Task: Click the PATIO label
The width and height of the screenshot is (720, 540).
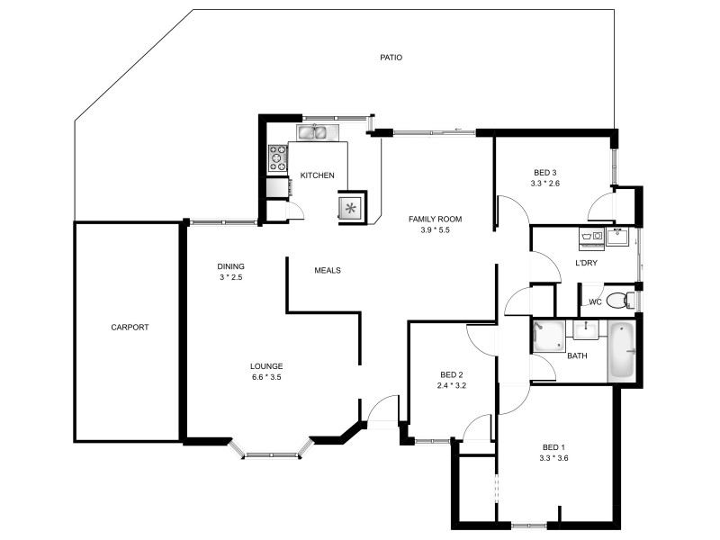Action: point(390,58)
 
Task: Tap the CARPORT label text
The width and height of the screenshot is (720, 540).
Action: point(130,328)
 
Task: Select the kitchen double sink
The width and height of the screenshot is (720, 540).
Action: point(313,133)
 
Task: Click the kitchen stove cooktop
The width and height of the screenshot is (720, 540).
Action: point(275,158)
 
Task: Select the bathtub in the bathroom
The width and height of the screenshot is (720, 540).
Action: point(622,350)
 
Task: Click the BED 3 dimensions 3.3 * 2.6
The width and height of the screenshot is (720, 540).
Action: point(545,184)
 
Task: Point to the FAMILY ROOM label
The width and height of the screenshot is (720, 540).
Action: point(435,219)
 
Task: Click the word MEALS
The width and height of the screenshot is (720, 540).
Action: point(327,270)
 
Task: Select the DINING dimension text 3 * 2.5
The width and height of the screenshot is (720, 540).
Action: point(230,278)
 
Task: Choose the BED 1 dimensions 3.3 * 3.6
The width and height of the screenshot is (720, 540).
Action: point(553,458)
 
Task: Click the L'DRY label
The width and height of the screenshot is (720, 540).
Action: point(587,263)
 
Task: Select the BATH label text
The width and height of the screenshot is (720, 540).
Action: point(577,356)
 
